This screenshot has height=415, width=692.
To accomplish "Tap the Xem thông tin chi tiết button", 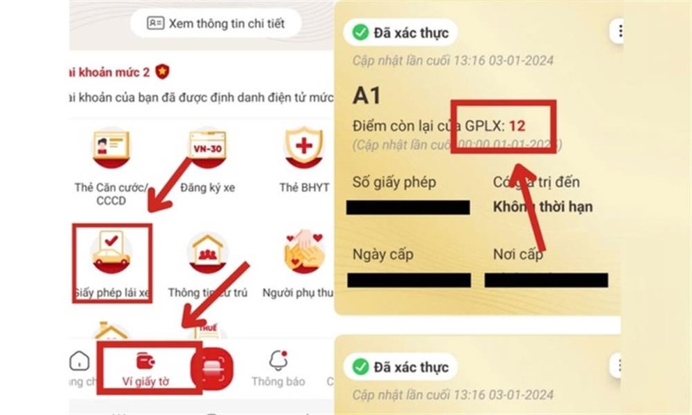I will [215, 24].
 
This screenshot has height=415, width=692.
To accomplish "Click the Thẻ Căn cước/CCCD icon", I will [111, 150].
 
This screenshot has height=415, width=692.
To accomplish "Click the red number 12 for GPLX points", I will [517, 125].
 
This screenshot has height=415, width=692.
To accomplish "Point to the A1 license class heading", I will [367, 96].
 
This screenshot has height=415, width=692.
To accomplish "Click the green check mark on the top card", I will [360, 32].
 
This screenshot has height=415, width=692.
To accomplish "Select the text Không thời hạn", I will [542, 207].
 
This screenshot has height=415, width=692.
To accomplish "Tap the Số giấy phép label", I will [394, 182].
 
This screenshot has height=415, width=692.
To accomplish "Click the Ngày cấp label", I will [383, 255].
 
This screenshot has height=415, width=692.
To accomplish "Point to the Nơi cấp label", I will [518, 255].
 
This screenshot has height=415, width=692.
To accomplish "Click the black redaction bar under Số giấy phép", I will [408, 207].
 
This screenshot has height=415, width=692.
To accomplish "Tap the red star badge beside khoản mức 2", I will [161, 71].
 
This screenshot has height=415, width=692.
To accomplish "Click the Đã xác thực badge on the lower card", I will [401, 367].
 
